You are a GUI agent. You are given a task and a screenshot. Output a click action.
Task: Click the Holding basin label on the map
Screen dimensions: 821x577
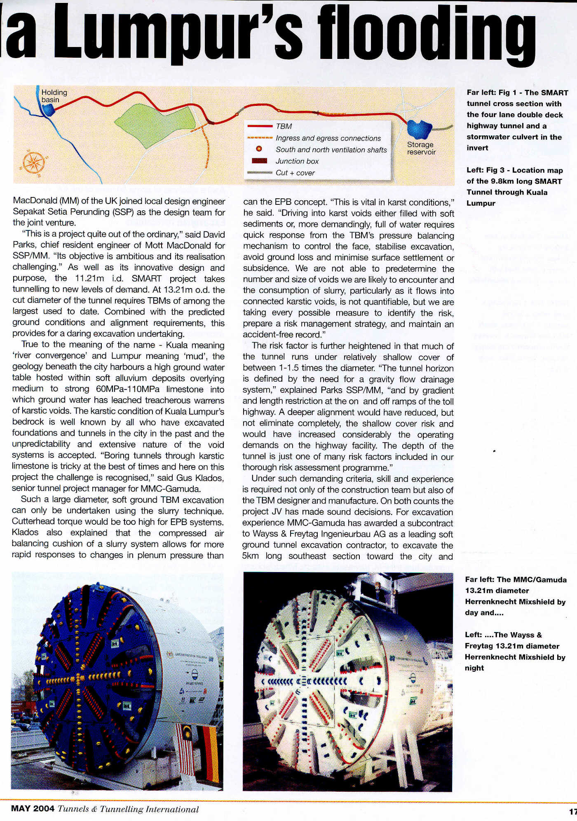point(54,96)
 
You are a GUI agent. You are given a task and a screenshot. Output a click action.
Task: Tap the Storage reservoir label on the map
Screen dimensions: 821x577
point(421,148)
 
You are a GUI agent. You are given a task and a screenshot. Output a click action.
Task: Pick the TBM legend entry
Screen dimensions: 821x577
point(284,127)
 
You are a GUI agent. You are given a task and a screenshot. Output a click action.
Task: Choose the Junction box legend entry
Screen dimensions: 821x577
point(297,161)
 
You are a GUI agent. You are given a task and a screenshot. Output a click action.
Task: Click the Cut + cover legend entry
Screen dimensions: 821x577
point(295,173)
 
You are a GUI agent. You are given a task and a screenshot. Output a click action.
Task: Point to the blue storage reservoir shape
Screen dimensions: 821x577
point(419,129)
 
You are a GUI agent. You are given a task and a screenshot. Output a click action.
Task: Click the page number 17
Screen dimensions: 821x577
point(572,812)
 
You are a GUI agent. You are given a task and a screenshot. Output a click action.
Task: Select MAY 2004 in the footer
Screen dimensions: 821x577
point(33,809)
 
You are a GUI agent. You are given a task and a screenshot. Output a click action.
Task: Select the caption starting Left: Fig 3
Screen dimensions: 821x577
point(514,187)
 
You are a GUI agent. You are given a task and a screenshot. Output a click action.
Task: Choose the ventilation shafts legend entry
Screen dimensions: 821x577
point(331,150)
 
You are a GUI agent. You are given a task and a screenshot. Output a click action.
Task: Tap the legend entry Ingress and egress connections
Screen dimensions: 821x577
point(328,138)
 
